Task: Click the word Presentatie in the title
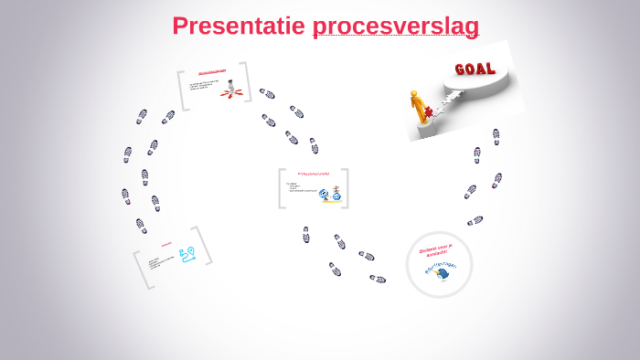pyautogui.click(x=239, y=26)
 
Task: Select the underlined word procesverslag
pyautogui.click(x=395, y=26)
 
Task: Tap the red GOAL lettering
pyautogui.click(x=475, y=69)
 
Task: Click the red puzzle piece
pyautogui.click(x=428, y=113)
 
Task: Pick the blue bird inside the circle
pyautogui.click(x=443, y=273)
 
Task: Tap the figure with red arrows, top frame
pyautogui.click(x=232, y=90)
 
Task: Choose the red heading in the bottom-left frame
pyautogui.click(x=166, y=244)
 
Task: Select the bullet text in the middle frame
pyautogui.click(x=301, y=188)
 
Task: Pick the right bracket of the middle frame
pyautogui.click(x=346, y=188)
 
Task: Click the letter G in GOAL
pyautogui.click(x=462, y=70)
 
